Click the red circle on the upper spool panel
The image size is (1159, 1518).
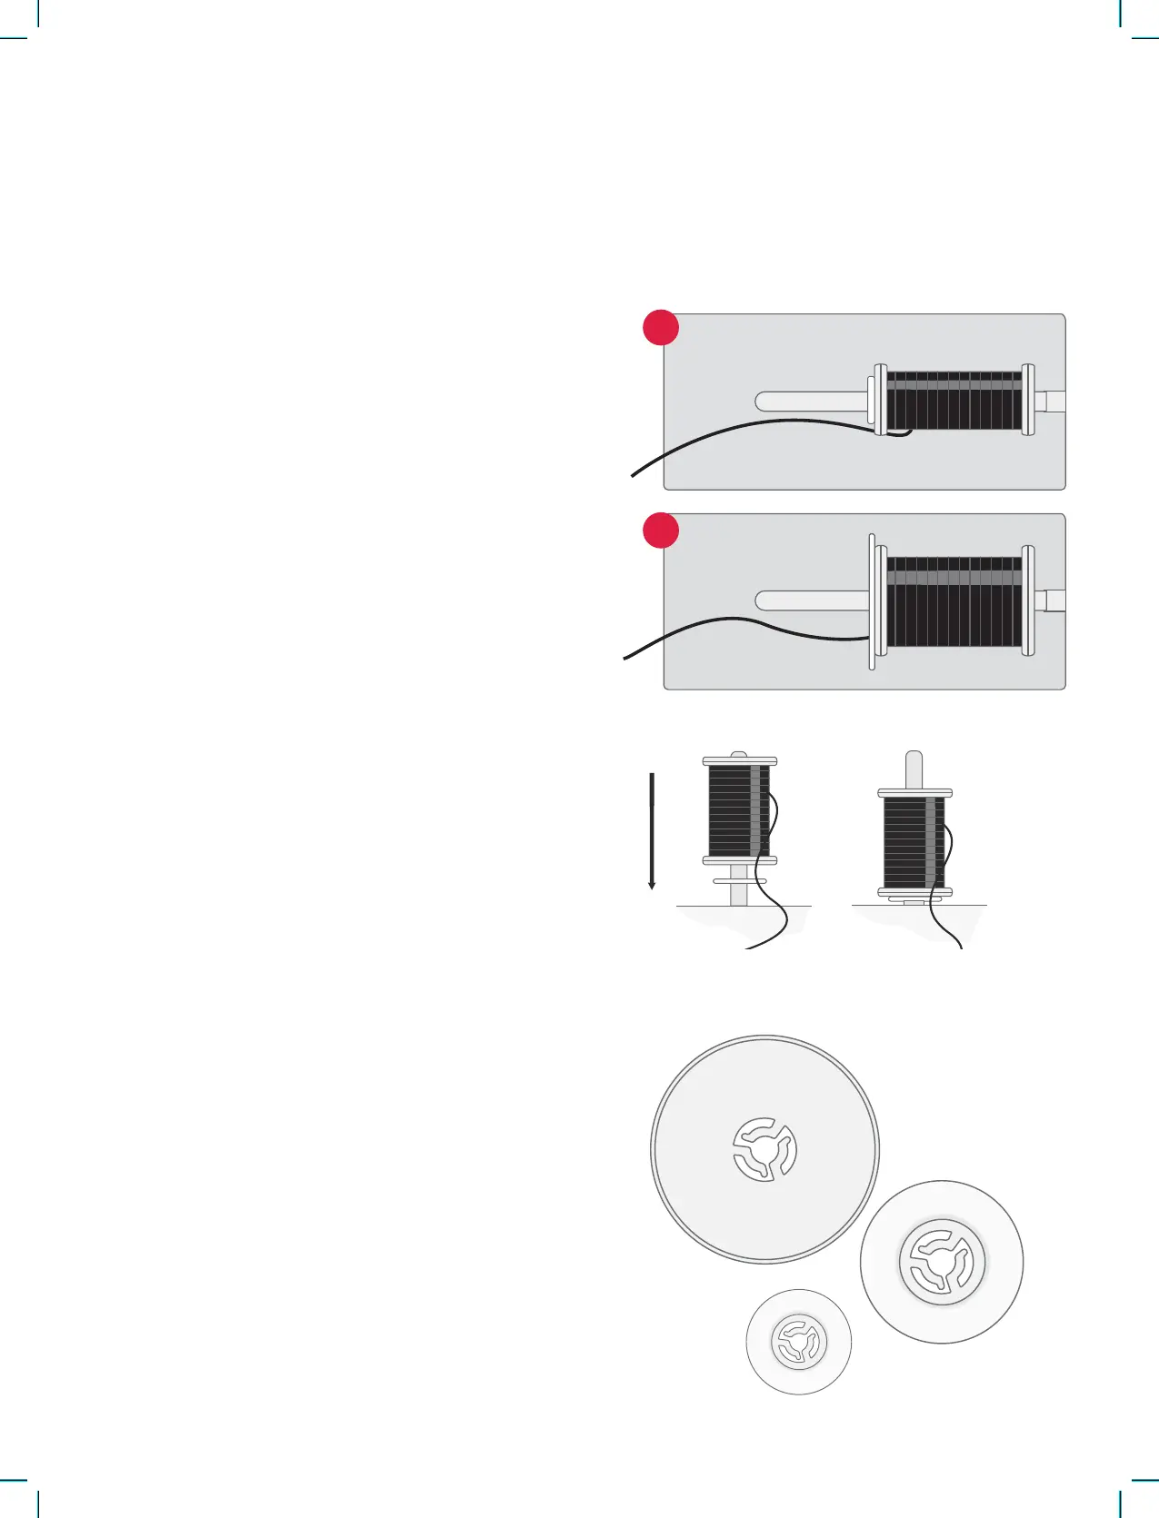pos(661,328)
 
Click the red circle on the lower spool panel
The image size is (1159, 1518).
pos(661,531)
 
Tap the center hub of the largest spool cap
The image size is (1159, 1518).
pos(765,1149)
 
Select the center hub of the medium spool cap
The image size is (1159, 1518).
pos(942,1261)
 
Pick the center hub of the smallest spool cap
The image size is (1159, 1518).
pos(799,1342)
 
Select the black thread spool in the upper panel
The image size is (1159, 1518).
pos(954,401)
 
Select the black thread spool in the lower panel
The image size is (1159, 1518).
pos(954,601)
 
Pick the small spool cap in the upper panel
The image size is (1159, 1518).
pos(872,401)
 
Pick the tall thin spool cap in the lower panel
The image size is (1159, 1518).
pos(873,601)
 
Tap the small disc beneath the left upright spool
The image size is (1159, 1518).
pos(739,881)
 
